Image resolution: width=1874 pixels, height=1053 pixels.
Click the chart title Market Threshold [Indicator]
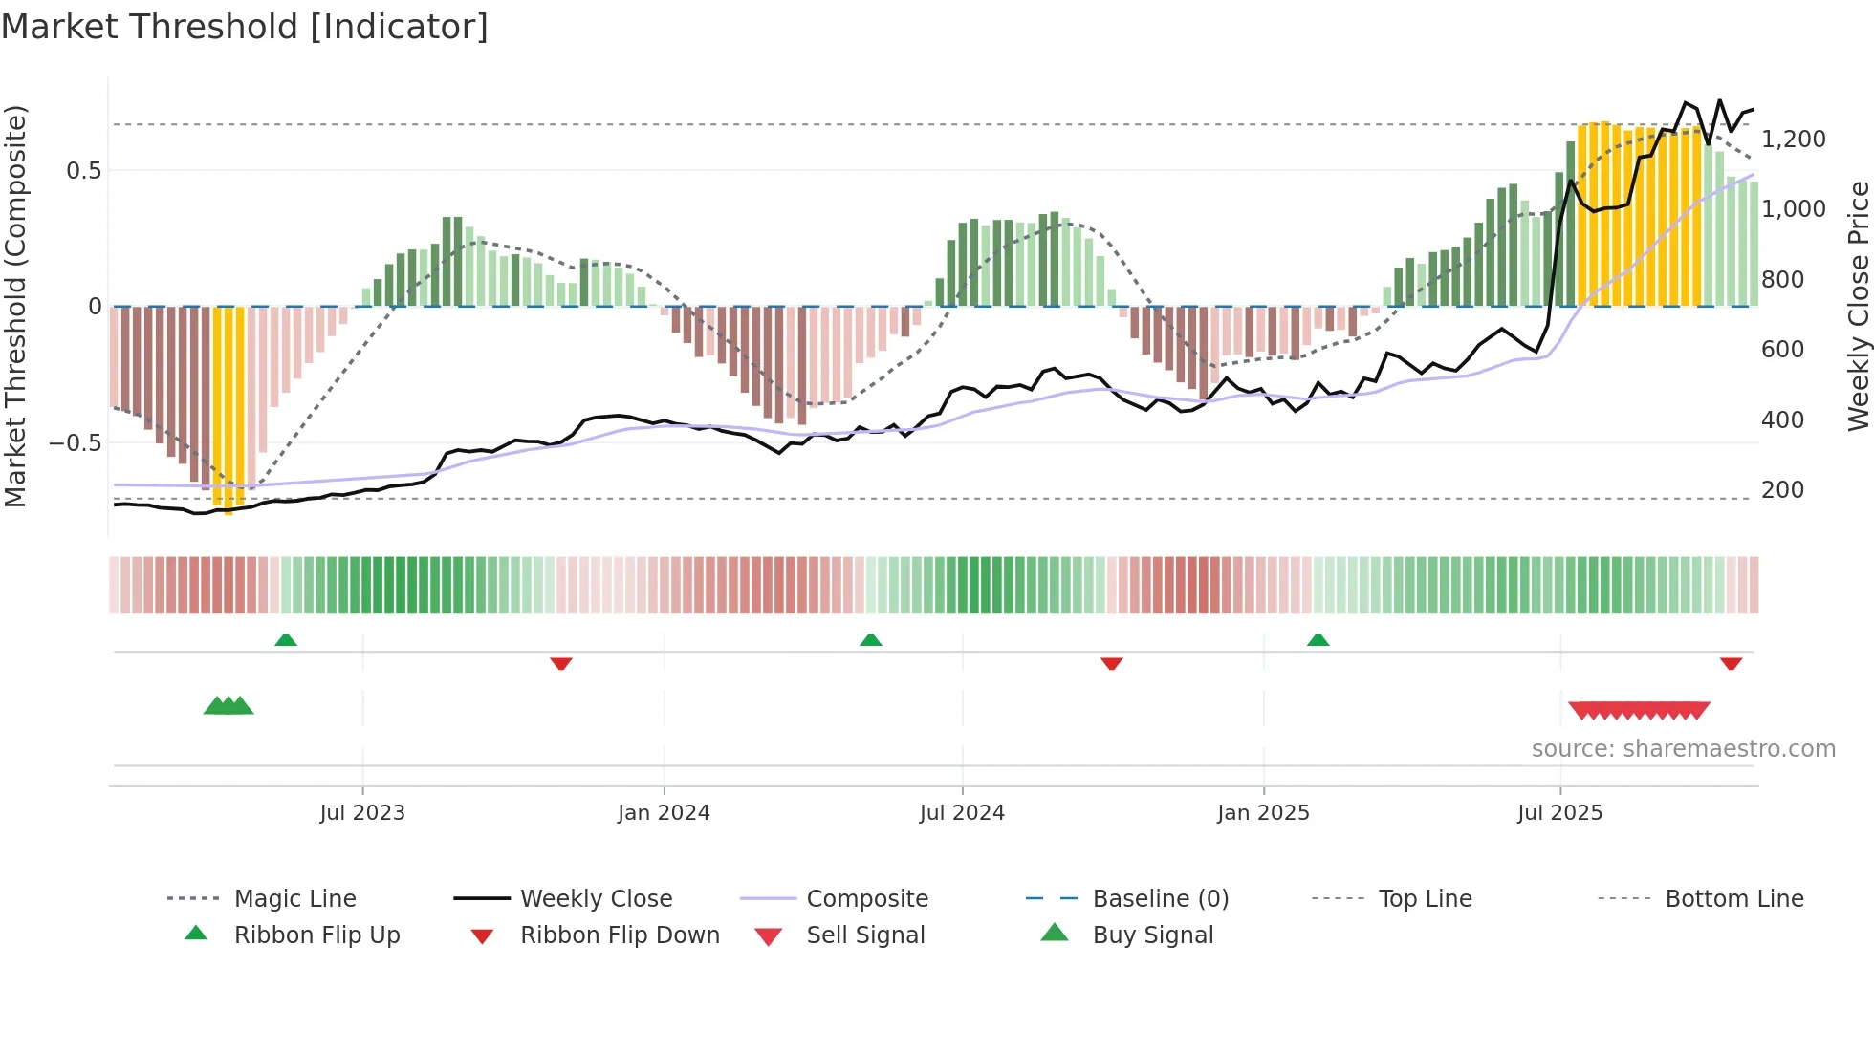(245, 27)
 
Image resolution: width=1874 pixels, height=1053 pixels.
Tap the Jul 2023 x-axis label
(362, 813)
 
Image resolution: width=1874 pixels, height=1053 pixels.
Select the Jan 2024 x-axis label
(664, 813)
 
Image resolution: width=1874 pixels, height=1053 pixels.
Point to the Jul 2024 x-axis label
(962, 813)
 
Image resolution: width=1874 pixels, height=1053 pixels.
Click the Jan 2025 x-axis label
(1263, 813)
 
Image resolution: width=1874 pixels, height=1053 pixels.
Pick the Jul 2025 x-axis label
(1559, 813)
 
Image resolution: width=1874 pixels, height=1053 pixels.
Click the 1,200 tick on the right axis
(1793, 140)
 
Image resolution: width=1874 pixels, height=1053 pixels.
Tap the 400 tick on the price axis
(1782, 420)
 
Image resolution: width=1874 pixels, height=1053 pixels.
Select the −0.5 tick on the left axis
(75, 443)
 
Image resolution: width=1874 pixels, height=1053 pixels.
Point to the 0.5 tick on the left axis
(83, 171)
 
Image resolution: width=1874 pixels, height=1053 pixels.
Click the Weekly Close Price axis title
(1858, 306)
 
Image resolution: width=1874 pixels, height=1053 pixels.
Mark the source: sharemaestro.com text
(1683, 749)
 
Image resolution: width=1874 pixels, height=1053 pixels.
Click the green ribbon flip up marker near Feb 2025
(1318, 640)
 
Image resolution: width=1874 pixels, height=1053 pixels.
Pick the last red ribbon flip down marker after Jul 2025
(1731, 663)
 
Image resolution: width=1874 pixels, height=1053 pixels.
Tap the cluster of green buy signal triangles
(229, 706)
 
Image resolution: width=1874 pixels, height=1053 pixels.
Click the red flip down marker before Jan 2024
(561, 663)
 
